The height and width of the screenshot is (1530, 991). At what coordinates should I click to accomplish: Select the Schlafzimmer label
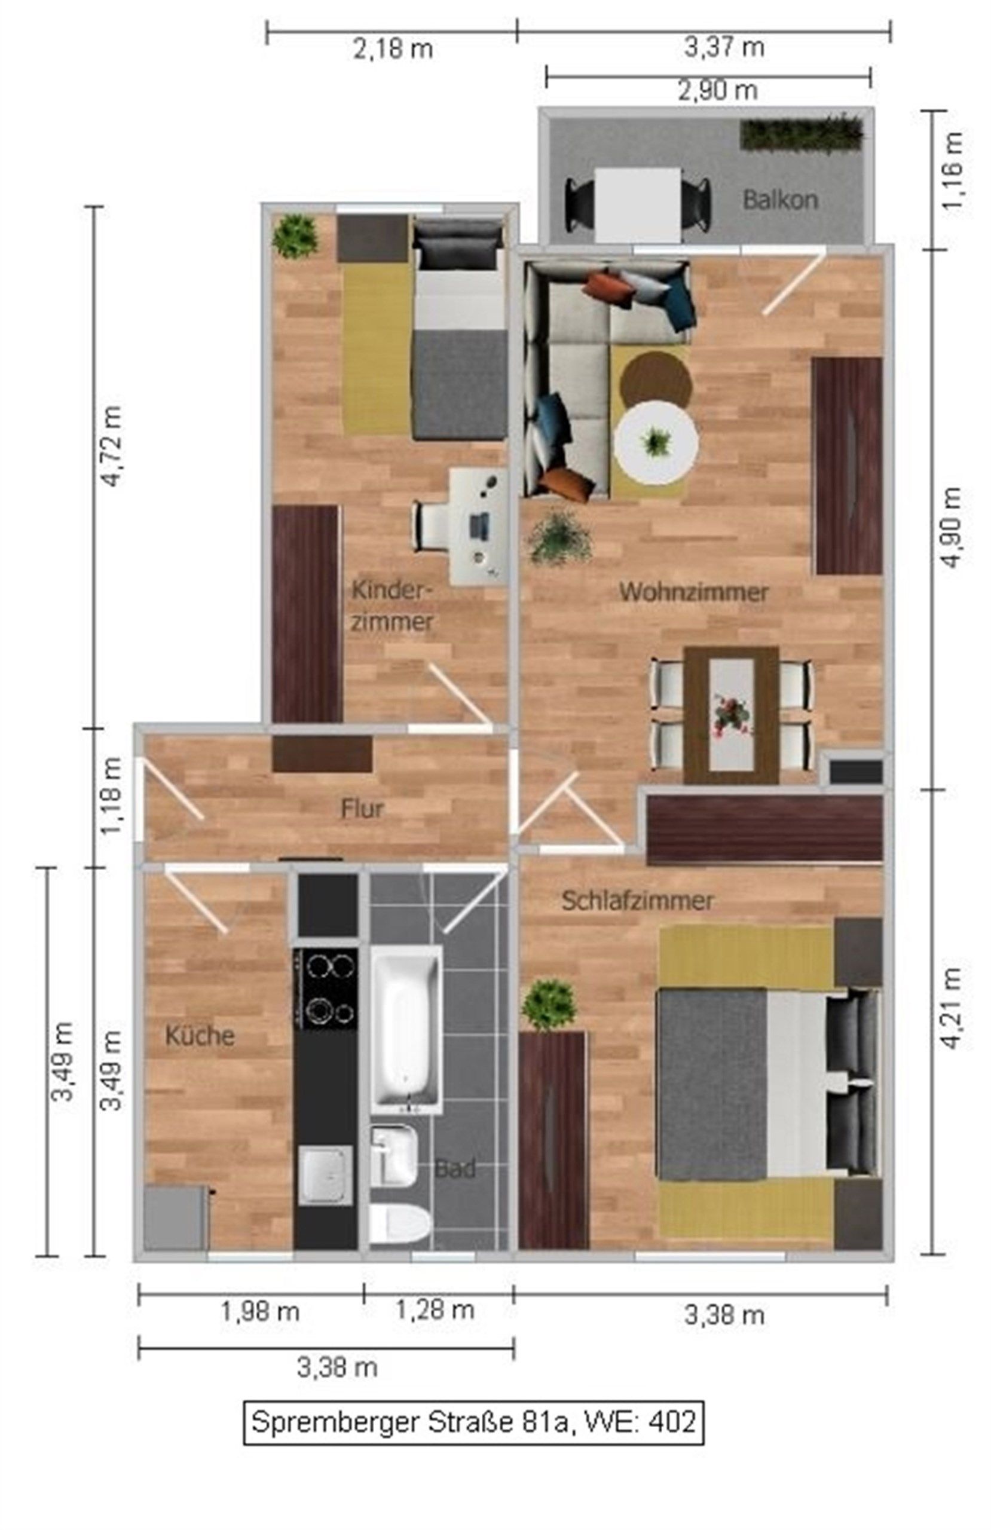coord(637,900)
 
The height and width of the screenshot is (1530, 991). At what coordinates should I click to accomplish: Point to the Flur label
coord(362,809)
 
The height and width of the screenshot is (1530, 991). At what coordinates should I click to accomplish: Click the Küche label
coord(200,1035)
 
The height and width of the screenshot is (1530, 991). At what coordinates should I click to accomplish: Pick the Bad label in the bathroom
coord(455,1168)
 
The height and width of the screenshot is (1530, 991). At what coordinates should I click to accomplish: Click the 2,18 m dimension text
coord(392,50)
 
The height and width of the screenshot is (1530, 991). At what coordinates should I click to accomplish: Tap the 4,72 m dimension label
coord(110,445)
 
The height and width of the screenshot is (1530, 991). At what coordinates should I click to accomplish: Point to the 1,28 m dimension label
coord(435,1309)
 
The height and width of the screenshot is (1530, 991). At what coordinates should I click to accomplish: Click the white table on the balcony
coord(637,204)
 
